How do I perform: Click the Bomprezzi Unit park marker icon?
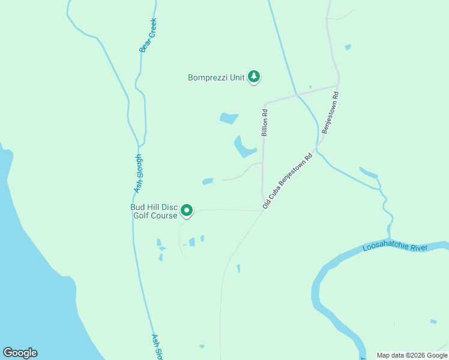tap(255, 76)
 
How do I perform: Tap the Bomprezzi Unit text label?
tap(216, 77)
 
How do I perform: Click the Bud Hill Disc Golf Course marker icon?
tap(187, 211)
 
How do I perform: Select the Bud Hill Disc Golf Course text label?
tap(154, 211)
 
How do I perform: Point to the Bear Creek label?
tap(148, 35)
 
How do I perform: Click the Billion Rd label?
tap(264, 122)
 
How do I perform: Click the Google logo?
tap(20, 353)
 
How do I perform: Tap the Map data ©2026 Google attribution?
tap(412, 355)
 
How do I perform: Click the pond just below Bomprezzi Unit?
tap(229, 118)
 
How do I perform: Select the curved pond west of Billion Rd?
tap(244, 148)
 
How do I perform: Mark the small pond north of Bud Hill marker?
tap(208, 181)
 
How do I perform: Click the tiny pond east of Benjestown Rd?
tap(348, 47)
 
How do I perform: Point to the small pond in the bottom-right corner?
tap(433, 322)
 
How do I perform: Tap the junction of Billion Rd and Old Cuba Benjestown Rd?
tap(264, 209)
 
